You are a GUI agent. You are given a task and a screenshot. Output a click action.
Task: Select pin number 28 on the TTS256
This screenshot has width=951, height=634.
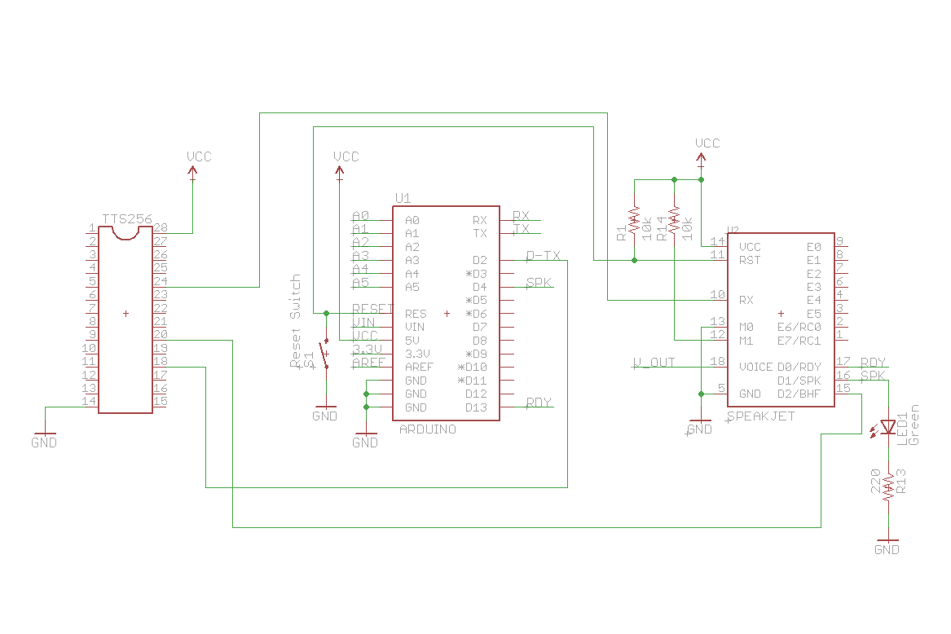(x=160, y=228)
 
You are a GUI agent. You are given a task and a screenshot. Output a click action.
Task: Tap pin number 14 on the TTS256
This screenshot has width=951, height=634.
(x=90, y=401)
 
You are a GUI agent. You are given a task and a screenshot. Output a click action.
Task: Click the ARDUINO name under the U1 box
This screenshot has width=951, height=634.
(x=428, y=429)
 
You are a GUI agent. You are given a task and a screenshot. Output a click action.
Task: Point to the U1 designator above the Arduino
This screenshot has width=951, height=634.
(x=403, y=198)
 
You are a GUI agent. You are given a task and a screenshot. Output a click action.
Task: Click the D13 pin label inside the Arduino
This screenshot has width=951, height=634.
(x=476, y=407)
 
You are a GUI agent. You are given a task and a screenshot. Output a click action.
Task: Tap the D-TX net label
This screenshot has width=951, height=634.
(x=544, y=256)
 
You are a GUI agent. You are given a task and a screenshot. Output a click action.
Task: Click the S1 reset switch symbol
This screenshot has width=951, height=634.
(x=325, y=354)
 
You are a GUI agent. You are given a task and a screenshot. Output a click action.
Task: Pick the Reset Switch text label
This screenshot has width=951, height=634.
(x=296, y=320)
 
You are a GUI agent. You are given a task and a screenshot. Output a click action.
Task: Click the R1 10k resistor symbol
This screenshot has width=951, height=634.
(x=635, y=220)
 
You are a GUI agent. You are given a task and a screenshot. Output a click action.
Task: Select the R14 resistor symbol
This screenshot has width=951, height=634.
(x=674, y=220)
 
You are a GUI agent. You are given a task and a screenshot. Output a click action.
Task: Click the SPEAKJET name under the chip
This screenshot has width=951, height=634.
(x=760, y=416)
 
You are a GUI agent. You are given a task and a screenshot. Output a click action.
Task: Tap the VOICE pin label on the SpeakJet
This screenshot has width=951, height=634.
(x=755, y=367)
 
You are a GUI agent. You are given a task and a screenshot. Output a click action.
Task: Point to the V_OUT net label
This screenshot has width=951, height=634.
(x=654, y=363)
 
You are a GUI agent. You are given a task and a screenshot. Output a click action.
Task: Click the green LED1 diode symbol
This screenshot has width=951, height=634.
(x=888, y=427)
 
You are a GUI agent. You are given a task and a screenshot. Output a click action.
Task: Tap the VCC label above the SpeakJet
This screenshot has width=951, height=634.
(x=707, y=143)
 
